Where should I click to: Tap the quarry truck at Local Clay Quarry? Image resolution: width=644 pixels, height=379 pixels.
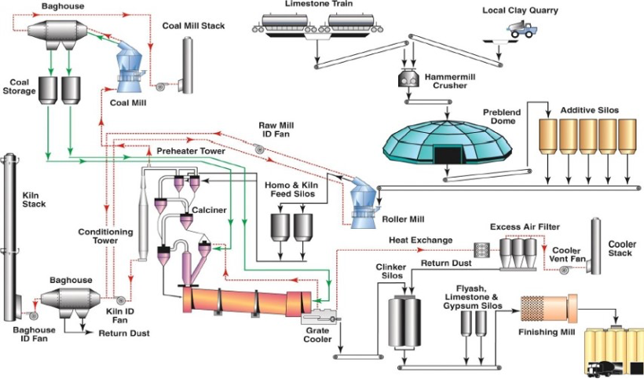(x=521, y=30)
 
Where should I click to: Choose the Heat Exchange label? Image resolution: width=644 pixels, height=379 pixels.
(x=420, y=239)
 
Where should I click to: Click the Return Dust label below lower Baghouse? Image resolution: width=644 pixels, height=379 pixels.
(x=124, y=333)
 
